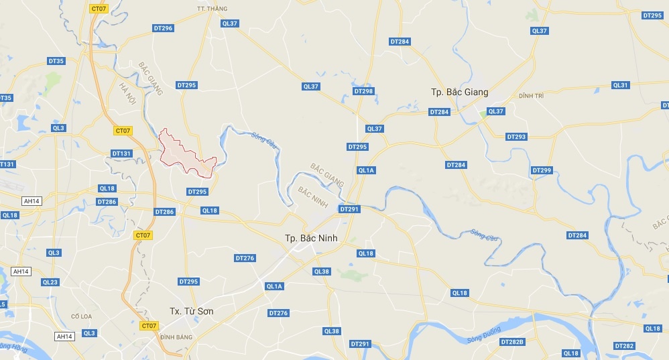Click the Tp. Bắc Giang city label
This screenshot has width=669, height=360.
click(x=459, y=92)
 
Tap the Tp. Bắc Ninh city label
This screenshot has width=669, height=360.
click(x=311, y=238)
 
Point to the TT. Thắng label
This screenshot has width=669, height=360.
click(x=212, y=9)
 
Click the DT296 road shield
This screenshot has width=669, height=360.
click(x=163, y=28)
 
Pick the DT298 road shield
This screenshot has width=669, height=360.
click(x=363, y=91)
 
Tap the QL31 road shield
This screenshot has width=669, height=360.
click(x=621, y=85)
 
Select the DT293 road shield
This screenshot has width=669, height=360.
click(x=516, y=137)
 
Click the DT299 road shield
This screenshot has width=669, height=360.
click(x=542, y=170)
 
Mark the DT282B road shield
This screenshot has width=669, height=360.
click(x=512, y=342)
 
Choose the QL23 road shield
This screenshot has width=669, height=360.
click(x=50, y=282)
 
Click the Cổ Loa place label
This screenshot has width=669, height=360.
click(x=80, y=316)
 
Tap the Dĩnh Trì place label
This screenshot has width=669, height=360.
click(x=530, y=96)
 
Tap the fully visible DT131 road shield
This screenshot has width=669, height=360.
click(x=122, y=154)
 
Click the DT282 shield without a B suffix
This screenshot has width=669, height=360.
click(x=623, y=346)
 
